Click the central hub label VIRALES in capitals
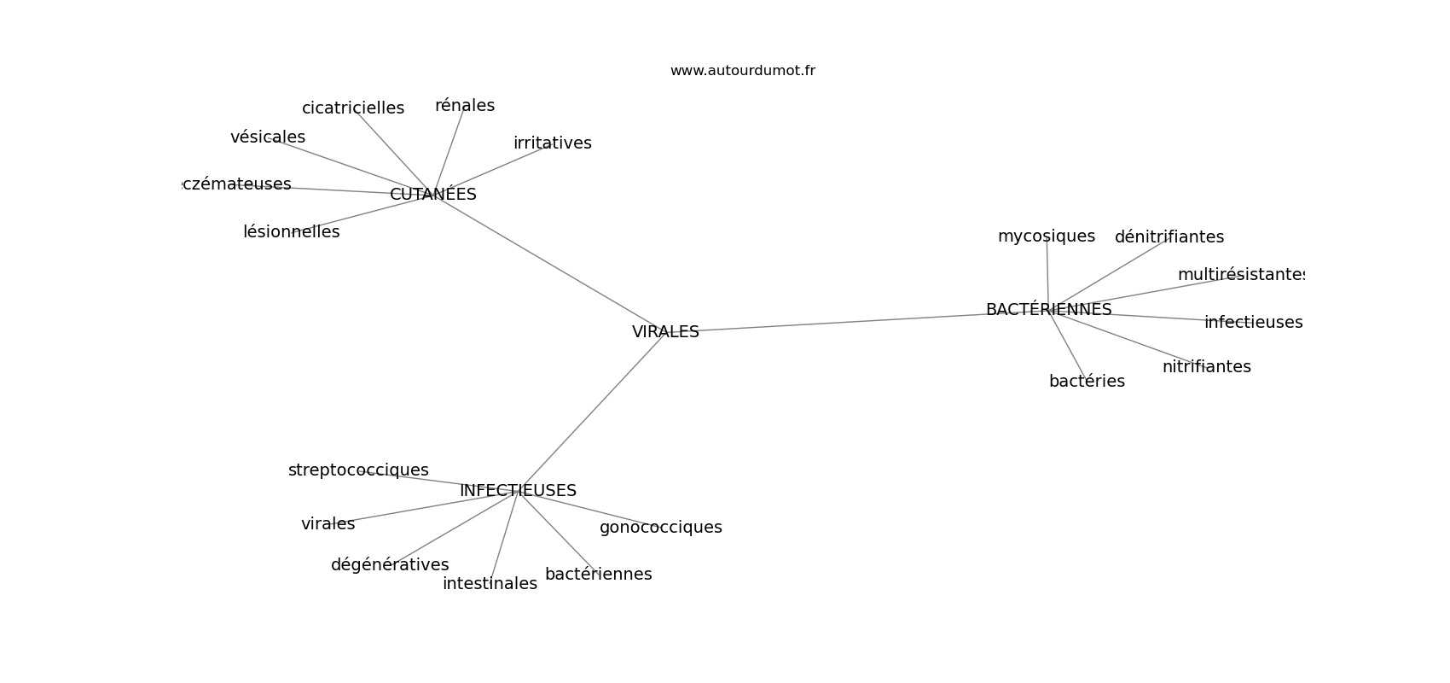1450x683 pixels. (x=665, y=332)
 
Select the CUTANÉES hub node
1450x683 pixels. (x=432, y=195)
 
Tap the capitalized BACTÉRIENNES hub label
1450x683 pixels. (x=1048, y=310)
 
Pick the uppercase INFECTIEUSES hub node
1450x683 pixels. (x=518, y=491)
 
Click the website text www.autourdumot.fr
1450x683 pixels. (x=742, y=71)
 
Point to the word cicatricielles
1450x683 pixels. (x=353, y=108)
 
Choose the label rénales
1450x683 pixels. (x=465, y=106)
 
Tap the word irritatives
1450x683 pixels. (x=552, y=143)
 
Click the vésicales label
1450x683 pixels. (x=268, y=137)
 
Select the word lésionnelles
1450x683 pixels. (x=291, y=232)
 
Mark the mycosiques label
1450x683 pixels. (x=1046, y=236)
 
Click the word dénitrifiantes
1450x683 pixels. (x=1169, y=237)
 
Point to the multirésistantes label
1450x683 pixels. (x=1241, y=275)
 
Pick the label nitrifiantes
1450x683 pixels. (x=1206, y=367)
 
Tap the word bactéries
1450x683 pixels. (x=1087, y=382)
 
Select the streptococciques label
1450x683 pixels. (x=358, y=470)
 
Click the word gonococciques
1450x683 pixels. (x=660, y=528)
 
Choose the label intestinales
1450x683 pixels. (x=490, y=584)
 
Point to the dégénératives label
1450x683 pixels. (x=390, y=565)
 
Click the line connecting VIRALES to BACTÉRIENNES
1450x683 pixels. (x=853, y=322)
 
